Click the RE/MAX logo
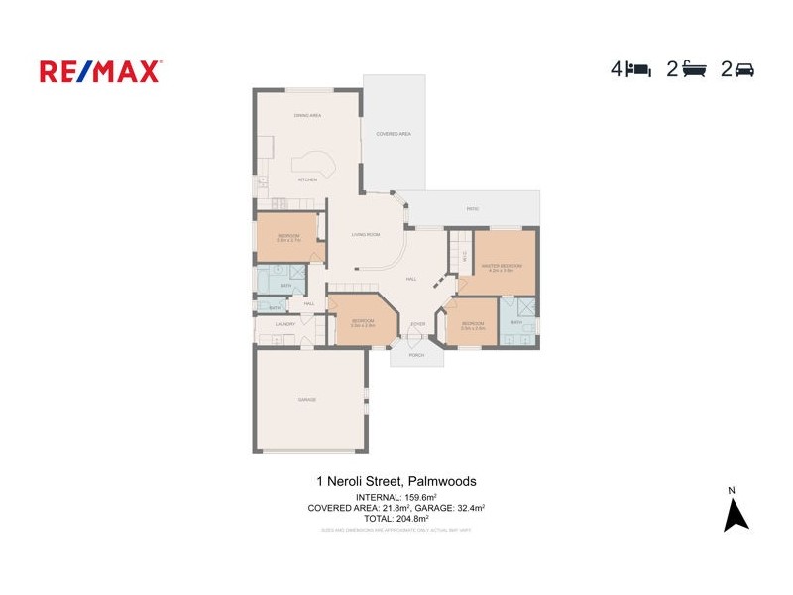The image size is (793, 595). [x=100, y=71]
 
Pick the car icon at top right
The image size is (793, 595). [x=744, y=69]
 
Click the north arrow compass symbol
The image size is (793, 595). [x=735, y=514]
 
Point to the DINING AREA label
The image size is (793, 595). [x=307, y=116]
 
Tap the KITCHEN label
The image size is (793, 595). [x=308, y=179]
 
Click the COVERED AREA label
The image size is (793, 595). [x=394, y=134]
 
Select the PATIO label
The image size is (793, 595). [x=473, y=209]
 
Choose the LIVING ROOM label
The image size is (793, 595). [x=366, y=234]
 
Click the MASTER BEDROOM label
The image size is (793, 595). [x=502, y=266]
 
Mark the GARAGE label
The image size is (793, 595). [x=307, y=399]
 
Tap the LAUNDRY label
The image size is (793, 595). [x=285, y=324]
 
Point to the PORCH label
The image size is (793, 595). [x=416, y=355]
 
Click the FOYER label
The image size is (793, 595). [x=417, y=324]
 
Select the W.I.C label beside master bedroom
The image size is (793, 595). [x=464, y=255]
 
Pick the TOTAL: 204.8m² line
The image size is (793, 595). [x=396, y=518]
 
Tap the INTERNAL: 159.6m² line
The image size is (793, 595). [x=396, y=497]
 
